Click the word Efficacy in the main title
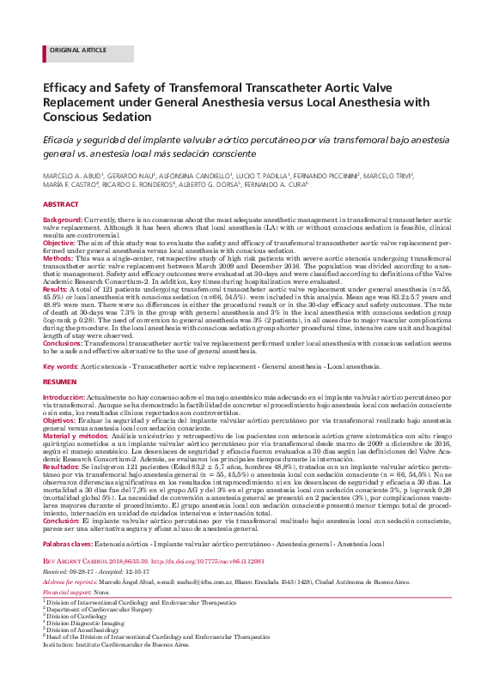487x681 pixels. pos(70,87)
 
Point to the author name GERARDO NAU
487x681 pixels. pos(135,175)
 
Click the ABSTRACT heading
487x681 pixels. pos(61,206)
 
